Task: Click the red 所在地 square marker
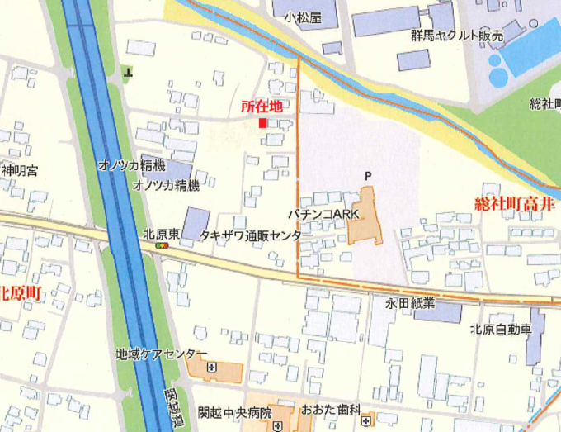coord(263,123)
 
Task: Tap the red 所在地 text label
coord(262,107)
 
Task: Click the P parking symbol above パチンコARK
coord(368,175)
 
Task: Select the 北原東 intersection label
coord(162,233)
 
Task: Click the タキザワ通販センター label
coord(257,235)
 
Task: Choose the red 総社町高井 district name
coord(517,203)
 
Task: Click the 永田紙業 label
coord(409,304)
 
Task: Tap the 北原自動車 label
coord(501,329)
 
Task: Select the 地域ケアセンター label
coord(162,354)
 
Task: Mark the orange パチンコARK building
coord(365,219)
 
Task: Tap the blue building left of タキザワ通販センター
coord(196,223)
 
